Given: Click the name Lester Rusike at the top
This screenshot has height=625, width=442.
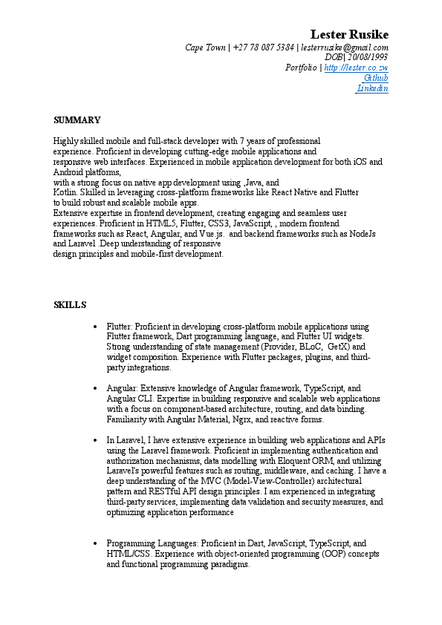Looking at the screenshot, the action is tap(348, 35).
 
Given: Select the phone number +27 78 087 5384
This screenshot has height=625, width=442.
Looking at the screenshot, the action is tap(263, 48).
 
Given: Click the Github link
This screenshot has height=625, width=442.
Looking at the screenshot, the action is tap(376, 78).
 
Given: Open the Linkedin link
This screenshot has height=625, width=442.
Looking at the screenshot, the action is tap(373, 88).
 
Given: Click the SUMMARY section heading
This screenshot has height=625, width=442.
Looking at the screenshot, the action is tap(77, 120).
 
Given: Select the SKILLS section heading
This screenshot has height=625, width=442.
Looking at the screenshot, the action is tap(70, 305).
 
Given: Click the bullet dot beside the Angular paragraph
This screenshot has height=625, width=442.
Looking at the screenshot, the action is tap(95, 388).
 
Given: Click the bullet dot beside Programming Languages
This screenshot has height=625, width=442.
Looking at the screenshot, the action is tap(95, 544).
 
